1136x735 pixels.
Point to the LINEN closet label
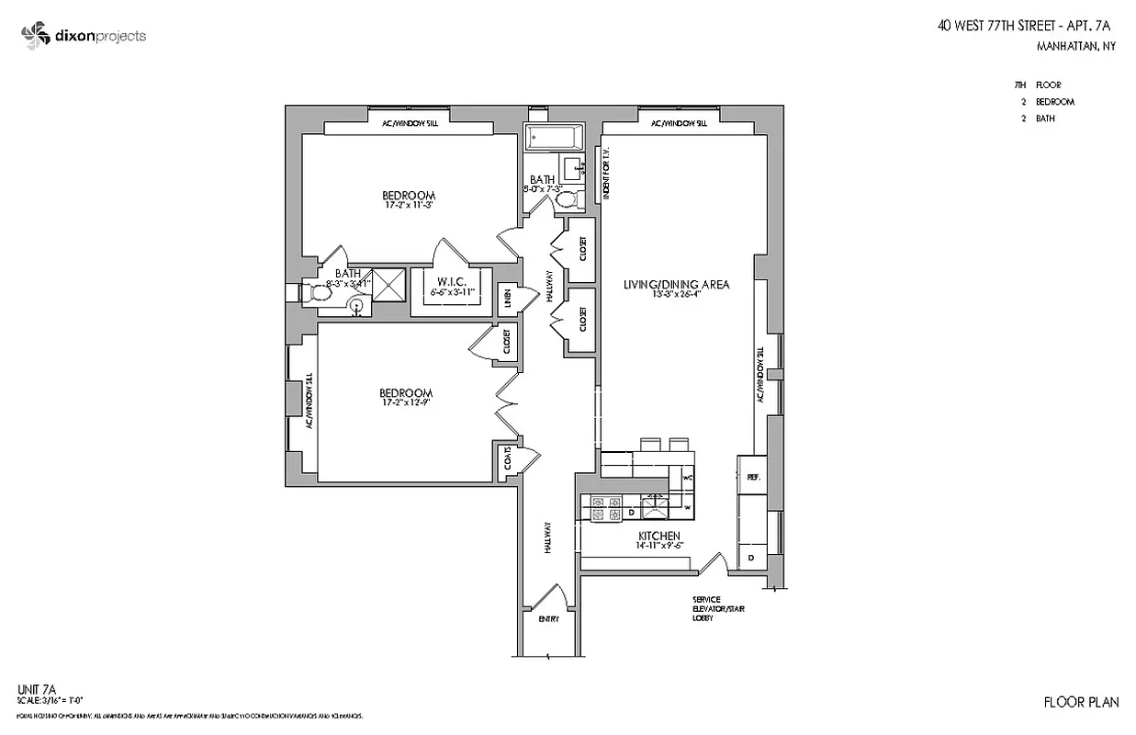(x=507, y=299)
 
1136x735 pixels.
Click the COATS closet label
(x=507, y=462)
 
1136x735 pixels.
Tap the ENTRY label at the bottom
(x=548, y=618)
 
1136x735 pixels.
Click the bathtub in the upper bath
(x=555, y=139)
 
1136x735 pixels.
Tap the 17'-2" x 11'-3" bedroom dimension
(x=409, y=205)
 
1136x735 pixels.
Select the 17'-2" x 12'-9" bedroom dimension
(x=408, y=402)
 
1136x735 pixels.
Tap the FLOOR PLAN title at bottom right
(x=1081, y=703)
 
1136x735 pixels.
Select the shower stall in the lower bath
(x=387, y=285)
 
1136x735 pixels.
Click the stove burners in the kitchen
(x=605, y=508)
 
